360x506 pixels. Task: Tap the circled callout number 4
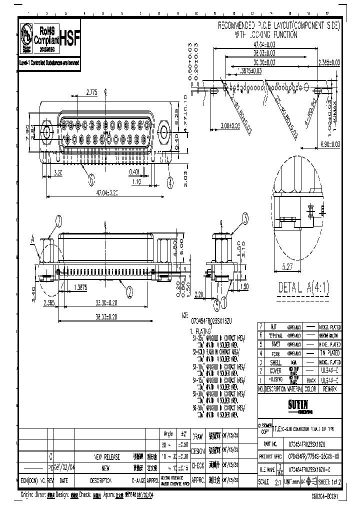click(x=170, y=183)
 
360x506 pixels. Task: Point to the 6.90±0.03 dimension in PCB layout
click(x=329, y=143)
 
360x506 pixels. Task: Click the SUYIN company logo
click(x=300, y=403)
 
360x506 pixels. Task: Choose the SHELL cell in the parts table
click(x=275, y=361)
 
